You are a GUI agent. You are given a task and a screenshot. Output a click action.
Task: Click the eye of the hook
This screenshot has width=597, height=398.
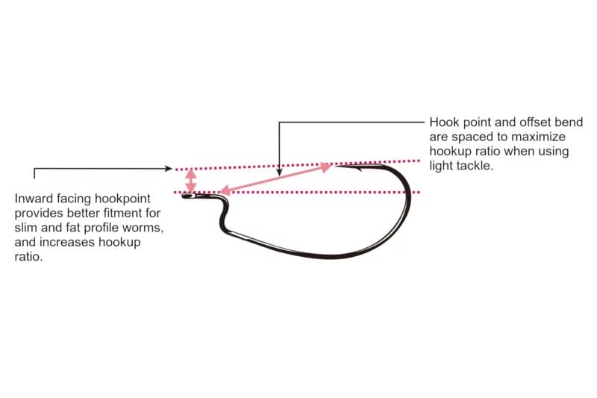pyautogui.click(x=188, y=196)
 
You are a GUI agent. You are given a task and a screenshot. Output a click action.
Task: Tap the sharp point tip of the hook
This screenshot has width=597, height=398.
pyautogui.click(x=335, y=166)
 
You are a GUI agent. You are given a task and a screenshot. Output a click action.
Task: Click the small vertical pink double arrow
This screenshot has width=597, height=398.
pyautogui.click(x=191, y=181)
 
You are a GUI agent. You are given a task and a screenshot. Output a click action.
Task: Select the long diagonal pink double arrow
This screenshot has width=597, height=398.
pyautogui.click(x=275, y=178)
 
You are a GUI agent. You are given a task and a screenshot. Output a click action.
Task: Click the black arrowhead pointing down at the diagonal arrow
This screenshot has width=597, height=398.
pyautogui.click(x=279, y=172)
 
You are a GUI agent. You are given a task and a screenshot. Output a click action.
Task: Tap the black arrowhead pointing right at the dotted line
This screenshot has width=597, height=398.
pyautogui.click(x=169, y=168)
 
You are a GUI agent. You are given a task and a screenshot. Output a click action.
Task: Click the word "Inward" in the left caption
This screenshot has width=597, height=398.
pyautogui.click(x=34, y=199)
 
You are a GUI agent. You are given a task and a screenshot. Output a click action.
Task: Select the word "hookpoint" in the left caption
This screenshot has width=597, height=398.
pyautogui.click(x=122, y=199)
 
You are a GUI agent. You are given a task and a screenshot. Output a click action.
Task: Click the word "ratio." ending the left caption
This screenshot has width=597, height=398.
pyautogui.click(x=28, y=257)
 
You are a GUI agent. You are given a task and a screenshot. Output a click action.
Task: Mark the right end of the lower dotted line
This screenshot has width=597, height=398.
pyautogui.click(x=419, y=193)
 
